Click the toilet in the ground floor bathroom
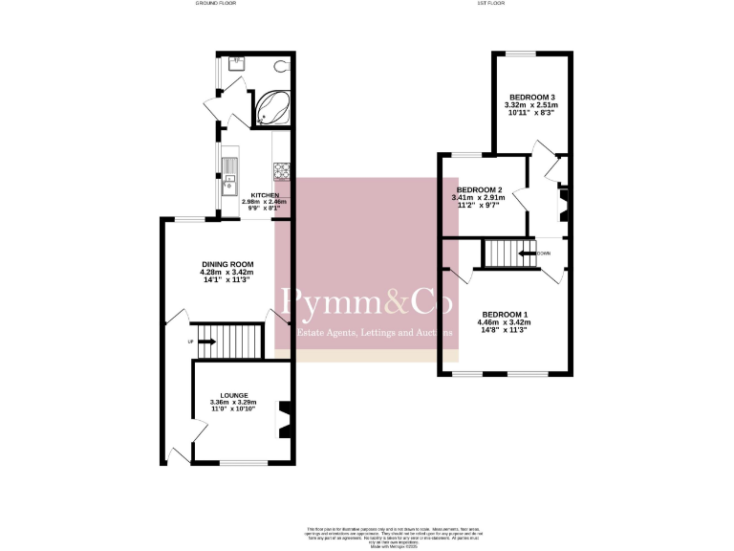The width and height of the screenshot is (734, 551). pyautogui.click(x=279, y=68)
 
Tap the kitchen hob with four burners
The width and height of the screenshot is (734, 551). pyautogui.click(x=283, y=173)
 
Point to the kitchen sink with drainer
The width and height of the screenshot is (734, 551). pyautogui.click(x=230, y=179)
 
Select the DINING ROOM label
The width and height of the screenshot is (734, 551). pyautogui.click(x=227, y=264)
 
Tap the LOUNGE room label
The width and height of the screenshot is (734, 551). pyautogui.click(x=234, y=395)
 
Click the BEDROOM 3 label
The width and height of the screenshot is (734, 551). pyautogui.click(x=531, y=98)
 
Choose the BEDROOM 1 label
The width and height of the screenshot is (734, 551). pyautogui.click(x=504, y=315)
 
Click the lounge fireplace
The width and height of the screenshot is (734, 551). pyautogui.click(x=284, y=418)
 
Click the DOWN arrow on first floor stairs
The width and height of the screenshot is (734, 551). pyautogui.click(x=528, y=253)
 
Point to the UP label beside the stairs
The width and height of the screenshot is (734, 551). pyautogui.click(x=191, y=342)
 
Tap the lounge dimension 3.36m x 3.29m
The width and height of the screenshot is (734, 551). pyautogui.click(x=234, y=403)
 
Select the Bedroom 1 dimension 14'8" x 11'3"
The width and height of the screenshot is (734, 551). pyautogui.click(x=504, y=330)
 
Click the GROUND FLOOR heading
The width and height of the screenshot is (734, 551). pyautogui.click(x=216, y=4)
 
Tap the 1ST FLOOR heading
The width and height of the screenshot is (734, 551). pyautogui.click(x=489, y=4)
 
